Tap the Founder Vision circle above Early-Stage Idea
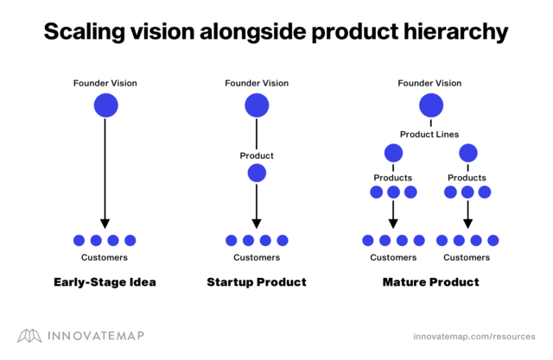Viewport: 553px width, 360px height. tap(105, 105)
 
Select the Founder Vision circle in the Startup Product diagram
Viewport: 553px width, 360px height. tap(257, 105)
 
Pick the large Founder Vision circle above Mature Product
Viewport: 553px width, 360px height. tap(430, 105)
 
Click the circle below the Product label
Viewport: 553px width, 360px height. tap(257, 173)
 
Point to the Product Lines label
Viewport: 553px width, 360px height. tap(429, 134)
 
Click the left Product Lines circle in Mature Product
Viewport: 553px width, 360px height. tap(393, 154)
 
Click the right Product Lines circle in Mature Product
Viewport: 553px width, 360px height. tap(467, 154)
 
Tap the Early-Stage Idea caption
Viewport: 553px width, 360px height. tap(105, 282)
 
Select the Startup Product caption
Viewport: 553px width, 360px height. tap(257, 282)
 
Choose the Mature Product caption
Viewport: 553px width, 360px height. tap(430, 282)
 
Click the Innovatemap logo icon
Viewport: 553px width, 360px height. tap(29, 335)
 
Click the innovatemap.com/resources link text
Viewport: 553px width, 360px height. tap(474, 336)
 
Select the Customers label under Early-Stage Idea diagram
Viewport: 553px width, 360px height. tap(105, 257)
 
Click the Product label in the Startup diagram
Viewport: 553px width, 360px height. tap(257, 155)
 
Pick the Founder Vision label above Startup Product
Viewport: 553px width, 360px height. tap(257, 83)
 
